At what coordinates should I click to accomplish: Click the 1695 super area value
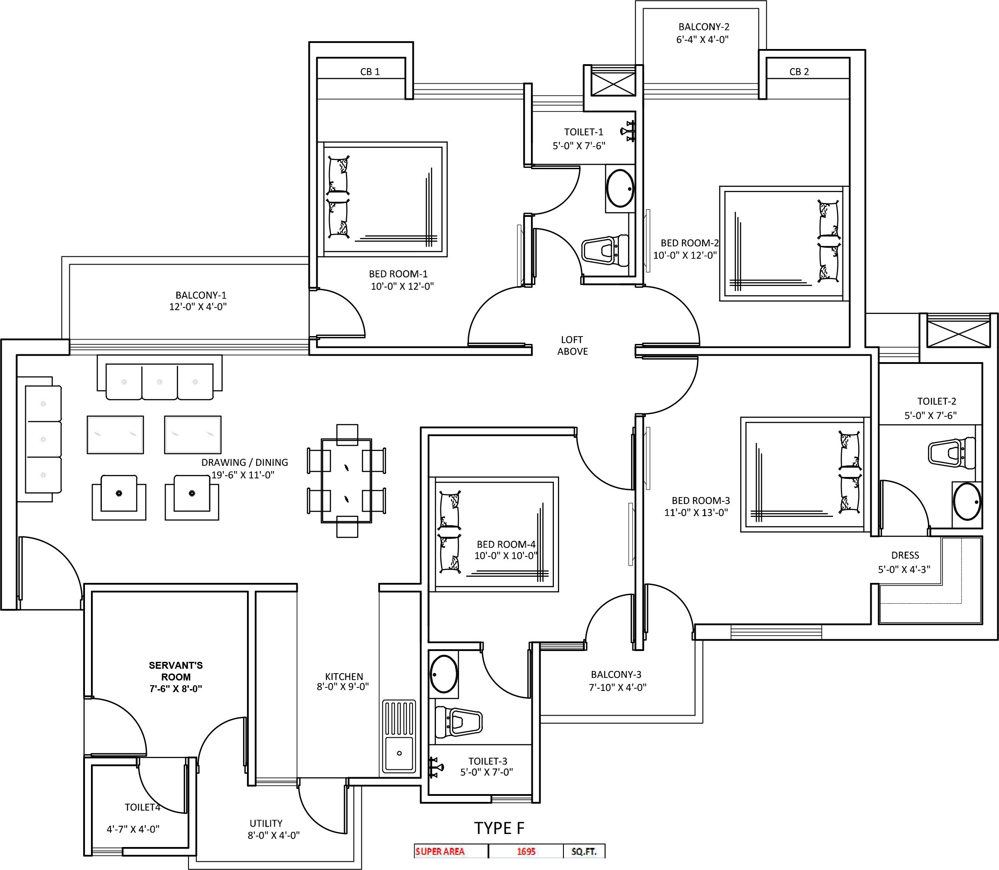526,851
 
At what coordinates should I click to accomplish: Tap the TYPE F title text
499,828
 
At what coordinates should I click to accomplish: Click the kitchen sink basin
399,754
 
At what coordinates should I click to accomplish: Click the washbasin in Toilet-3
443,674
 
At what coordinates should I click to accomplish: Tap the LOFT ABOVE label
572,345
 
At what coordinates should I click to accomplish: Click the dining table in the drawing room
346,481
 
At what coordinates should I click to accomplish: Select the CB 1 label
370,72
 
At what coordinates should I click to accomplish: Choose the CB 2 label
799,72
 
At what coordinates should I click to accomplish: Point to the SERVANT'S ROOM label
176,671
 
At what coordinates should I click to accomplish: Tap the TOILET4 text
142,807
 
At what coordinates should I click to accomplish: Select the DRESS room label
905,555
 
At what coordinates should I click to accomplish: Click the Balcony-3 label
616,674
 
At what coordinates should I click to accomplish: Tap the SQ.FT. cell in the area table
584,851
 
